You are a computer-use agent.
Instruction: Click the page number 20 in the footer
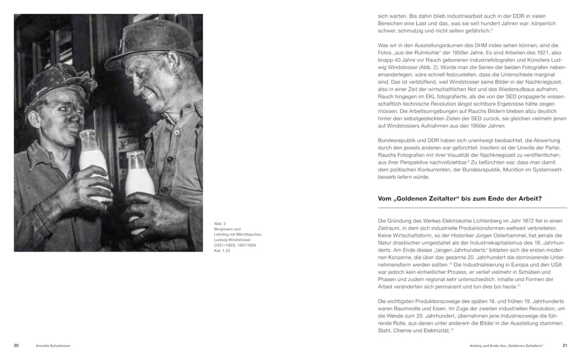point(16,345)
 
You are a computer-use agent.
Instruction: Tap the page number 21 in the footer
point(565,345)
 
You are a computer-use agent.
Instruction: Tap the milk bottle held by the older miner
point(140,176)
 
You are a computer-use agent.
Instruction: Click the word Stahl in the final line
point(385,330)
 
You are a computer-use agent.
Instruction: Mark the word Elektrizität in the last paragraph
point(434,330)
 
